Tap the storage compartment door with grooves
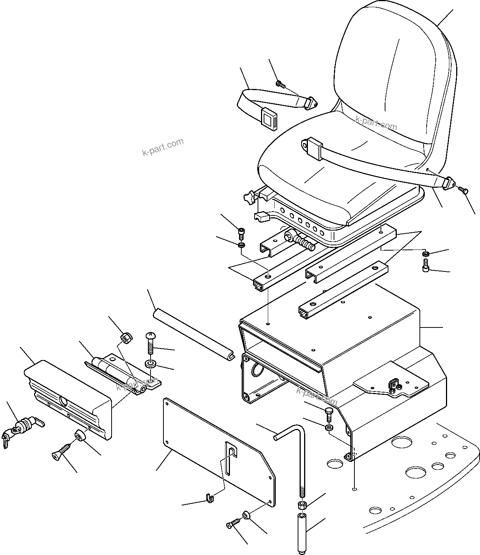[x=68, y=398]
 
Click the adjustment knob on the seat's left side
[x=249, y=198]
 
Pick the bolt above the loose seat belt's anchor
[x=280, y=84]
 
